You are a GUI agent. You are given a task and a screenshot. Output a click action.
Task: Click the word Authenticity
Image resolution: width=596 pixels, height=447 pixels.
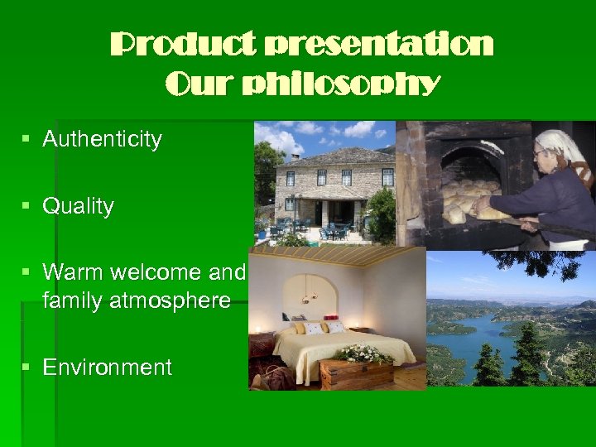pyautogui.click(x=102, y=139)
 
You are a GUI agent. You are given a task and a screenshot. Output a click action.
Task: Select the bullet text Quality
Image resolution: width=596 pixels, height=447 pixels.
pyautogui.click(x=78, y=206)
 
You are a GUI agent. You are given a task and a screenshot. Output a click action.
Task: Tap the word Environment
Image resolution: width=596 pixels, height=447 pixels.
pyautogui.click(x=107, y=368)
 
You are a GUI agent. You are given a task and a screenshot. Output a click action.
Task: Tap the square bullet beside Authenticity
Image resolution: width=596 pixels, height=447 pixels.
pyautogui.click(x=29, y=139)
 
